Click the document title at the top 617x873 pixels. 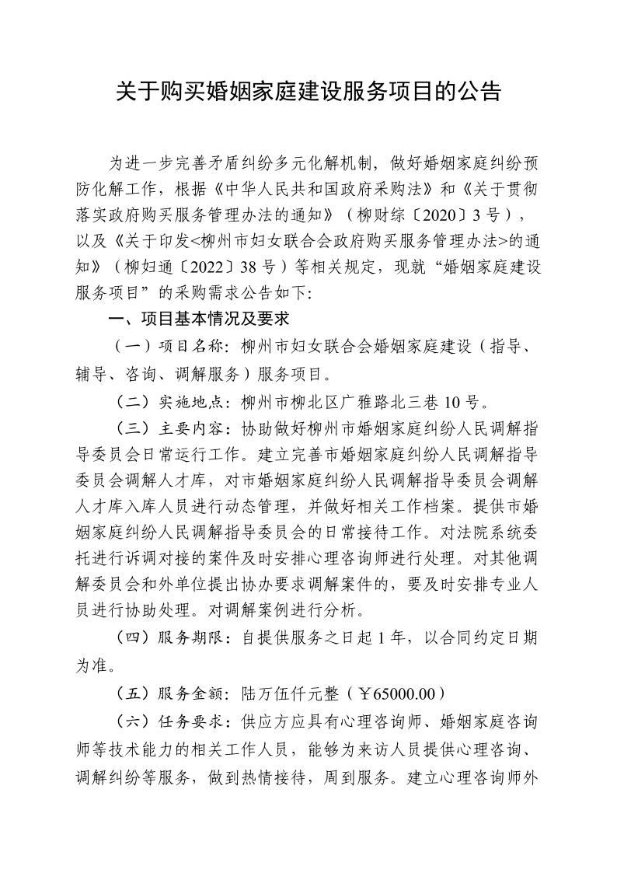pyautogui.click(x=308, y=93)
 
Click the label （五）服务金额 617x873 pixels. pyautogui.click(x=168, y=693)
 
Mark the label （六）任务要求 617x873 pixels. pyautogui.click(x=168, y=720)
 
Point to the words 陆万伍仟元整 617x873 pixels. pyautogui.click(x=284, y=693)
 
